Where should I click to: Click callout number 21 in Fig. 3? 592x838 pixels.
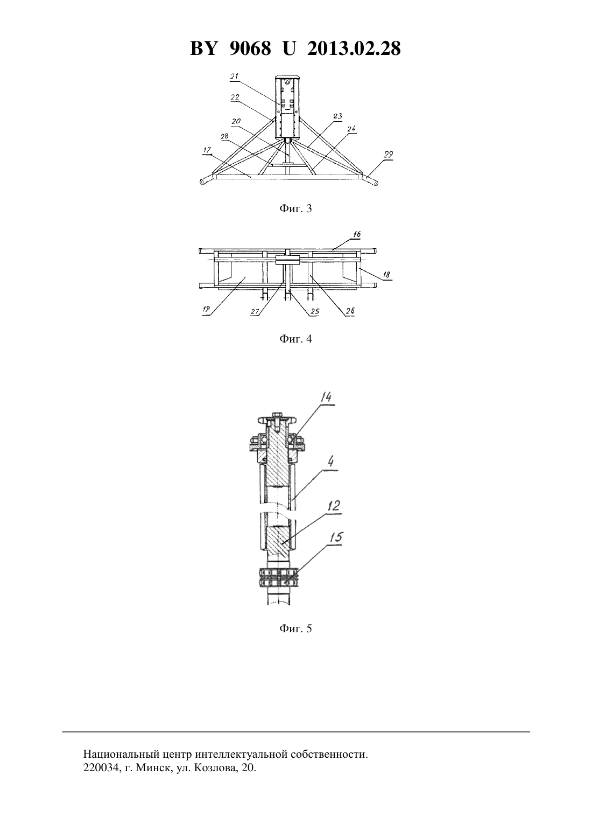click(x=234, y=76)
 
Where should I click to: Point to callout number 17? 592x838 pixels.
click(x=207, y=150)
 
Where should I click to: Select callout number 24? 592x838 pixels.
click(x=351, y=129)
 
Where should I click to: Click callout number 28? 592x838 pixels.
click(x=224, y=136)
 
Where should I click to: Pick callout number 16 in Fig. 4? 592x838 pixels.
click(x=356, y=235)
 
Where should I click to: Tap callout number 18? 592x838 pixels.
click(x=386, y=275)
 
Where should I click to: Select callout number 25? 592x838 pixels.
click(x=315, y=311)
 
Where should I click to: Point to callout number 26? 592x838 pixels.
click(x=350, y=311)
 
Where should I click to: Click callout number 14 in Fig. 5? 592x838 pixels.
click(x=326, y=397)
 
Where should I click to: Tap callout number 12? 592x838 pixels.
click(x=334, y=506)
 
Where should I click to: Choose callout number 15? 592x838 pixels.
click(x=335, y=537)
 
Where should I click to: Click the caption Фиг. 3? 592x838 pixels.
click(x=295, y=208)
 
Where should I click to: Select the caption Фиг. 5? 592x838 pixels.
click(x=295, y=628)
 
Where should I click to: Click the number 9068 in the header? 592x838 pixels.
click(x=250, y=48)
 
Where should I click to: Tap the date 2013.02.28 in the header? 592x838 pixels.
click(x=354, y=48)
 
